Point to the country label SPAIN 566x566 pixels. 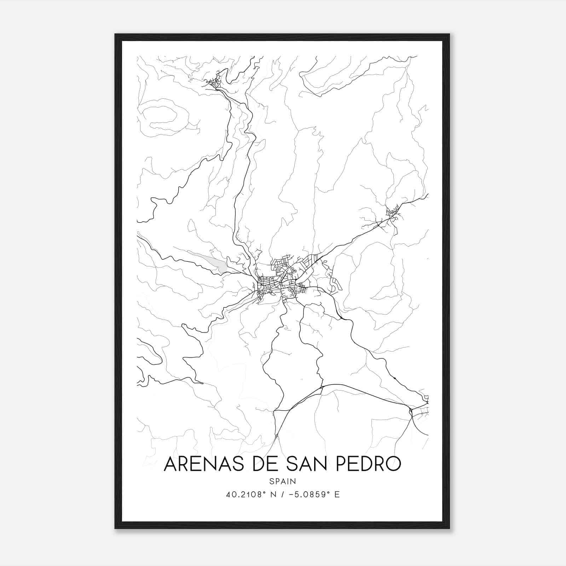click(x=283, y=481)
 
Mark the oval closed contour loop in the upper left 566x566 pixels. click(x=163, y=117)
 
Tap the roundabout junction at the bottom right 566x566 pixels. click(x=411, y=411)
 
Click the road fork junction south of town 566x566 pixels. click(x=322, y=387)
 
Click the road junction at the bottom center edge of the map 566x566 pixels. click(x=276, y=437)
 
